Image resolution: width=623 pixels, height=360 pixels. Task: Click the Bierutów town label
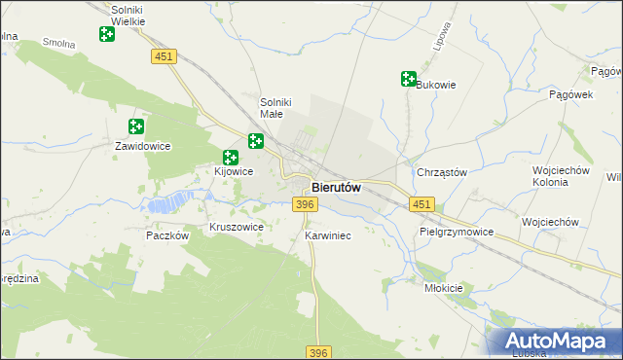point(337,187)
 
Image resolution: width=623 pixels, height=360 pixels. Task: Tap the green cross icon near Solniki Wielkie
point(107,35)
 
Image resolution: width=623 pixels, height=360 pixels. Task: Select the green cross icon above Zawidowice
point(136,126)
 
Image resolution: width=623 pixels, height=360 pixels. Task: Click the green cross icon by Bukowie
point(409,80)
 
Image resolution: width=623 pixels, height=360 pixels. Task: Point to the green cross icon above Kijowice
point(231,157)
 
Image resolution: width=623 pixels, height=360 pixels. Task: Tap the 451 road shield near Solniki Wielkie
point(164,58)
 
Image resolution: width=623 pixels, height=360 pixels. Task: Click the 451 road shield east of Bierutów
point(421,203)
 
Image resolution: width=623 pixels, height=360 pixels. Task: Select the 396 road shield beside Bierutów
point(304,203)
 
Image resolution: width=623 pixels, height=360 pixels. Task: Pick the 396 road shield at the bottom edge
point(319,352)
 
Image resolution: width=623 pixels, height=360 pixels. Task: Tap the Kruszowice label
point(237,227)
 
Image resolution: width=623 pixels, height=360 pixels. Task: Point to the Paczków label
point(165,235)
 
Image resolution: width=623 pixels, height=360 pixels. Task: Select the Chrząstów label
point(442,172)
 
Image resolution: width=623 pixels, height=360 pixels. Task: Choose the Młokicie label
point(444,289)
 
